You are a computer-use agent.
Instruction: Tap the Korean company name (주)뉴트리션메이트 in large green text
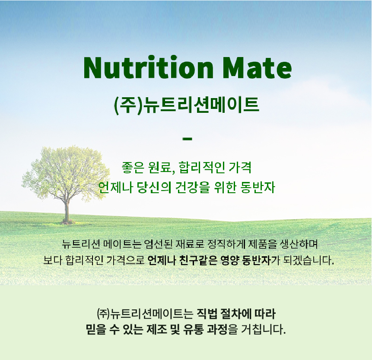pyautogui.click(x=187, y=105)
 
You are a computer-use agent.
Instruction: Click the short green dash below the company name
pyautogui.click(x=187, y=139)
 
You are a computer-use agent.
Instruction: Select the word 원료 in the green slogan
pyautogui.click(x=159, y=168)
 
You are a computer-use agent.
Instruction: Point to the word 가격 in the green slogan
pyautogui.click(x=240, y=167)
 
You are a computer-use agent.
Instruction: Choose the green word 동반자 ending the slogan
pyautogui.click(x=258, y=187)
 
